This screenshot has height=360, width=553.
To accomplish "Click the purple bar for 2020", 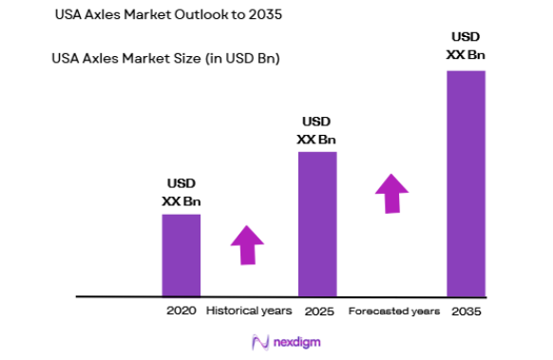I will [x=181, y=255].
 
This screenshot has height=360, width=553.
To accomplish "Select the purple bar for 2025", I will [x=317, y=223].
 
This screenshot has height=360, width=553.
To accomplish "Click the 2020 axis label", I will [x=181, y=312].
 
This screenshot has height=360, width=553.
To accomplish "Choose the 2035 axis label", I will [x=466, y=312].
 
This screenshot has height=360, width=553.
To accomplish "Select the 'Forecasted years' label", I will [x=393, y=312].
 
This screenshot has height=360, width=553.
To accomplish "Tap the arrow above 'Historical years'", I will [x=247, y=245].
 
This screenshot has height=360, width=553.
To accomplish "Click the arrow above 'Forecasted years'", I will [x=391, y=194].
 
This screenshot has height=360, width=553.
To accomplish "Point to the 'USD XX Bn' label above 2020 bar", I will [x=181, y=193].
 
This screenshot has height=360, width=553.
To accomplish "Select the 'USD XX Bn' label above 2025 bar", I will [x=316, y=131].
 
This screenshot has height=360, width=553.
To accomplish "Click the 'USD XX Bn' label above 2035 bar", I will [x=466, y=47].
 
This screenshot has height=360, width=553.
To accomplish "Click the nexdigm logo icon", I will [x=257, y=341].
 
